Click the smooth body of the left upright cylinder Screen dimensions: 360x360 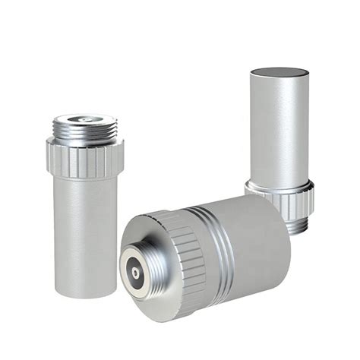click(x=84, y=228)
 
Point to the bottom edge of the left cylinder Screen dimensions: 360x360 click(x=85, y=293)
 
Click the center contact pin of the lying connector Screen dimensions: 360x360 click(x=134, y=271)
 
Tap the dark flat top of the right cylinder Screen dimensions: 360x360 click(x=279, y=73)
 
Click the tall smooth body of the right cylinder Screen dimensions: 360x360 click(x=279, y=129)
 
